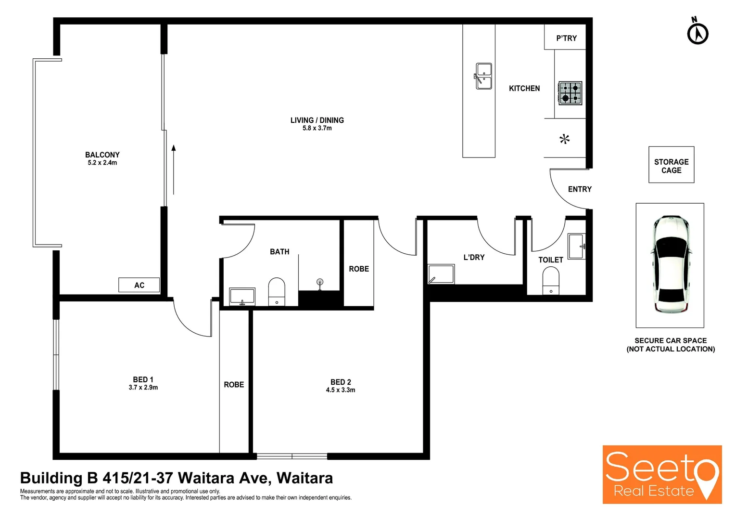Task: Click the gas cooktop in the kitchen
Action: pyautogui.click(x=570, y=93)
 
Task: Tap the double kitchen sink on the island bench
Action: pyautogui.click(x=484, y=76)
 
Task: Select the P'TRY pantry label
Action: pyautogui.click(x=566, y=38)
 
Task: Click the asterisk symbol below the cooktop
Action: pyautogui.click(x=564, y=139)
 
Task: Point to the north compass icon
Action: pyautogui.click(x=697, y=33)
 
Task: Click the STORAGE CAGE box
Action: pyautogui.click(x=671, y=165)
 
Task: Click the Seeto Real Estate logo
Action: pyautogui.click(x=662, y=475)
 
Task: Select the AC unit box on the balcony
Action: pyautogui.click(x=139, y=285)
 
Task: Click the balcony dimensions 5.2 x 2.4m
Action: pyautogui.click(x=102, y=163)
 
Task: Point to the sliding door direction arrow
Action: pyautogui.click(x=174, y=169)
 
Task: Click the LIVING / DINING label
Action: pyautogui.click(x=317, y=120)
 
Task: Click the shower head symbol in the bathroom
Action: pyautogui.click(x=320, y=283)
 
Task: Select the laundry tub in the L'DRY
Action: pyautogui.click(x=441, y=274)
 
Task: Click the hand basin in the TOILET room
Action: pyautogui.click(x=576, y=246)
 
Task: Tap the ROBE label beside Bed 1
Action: pyautogui.click(x=234, y=385)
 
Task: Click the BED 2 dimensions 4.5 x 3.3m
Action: pyautogui.click(x=341, y=390)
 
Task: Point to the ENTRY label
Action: pyautogui.click(x=580, y=189)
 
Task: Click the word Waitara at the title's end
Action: pyautogui.click(x=304, y=478)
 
